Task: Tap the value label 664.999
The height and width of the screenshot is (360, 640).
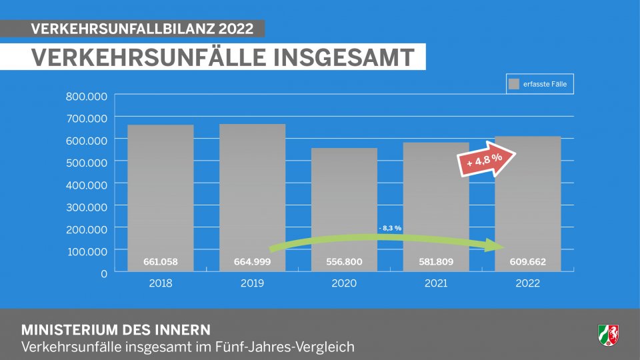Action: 253,261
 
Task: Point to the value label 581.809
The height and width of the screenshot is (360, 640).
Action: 437,261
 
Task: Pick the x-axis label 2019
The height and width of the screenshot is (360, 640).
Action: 253,283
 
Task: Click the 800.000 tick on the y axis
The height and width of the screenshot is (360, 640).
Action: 87,96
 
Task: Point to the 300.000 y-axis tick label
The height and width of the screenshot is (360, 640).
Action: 87,207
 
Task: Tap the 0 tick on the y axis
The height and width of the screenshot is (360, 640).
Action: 103,273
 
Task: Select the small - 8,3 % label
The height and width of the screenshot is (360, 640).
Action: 390,229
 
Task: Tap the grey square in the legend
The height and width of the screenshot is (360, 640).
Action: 514,84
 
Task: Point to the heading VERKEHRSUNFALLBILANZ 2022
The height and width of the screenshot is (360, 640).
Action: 143,29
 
